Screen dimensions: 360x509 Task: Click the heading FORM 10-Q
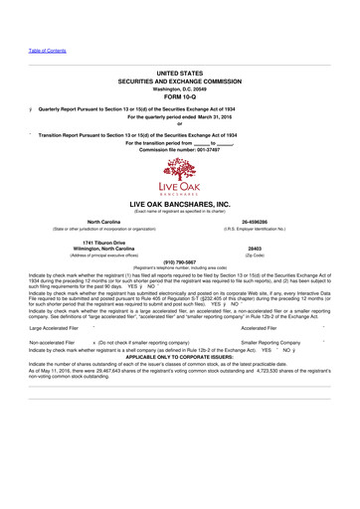[x=180, y=97]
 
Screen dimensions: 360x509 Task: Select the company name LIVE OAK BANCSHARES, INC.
[x=180, y=202]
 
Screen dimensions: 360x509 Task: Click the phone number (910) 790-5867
[x=180, y=262]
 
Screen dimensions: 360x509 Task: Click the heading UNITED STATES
[x=180, y=74]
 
